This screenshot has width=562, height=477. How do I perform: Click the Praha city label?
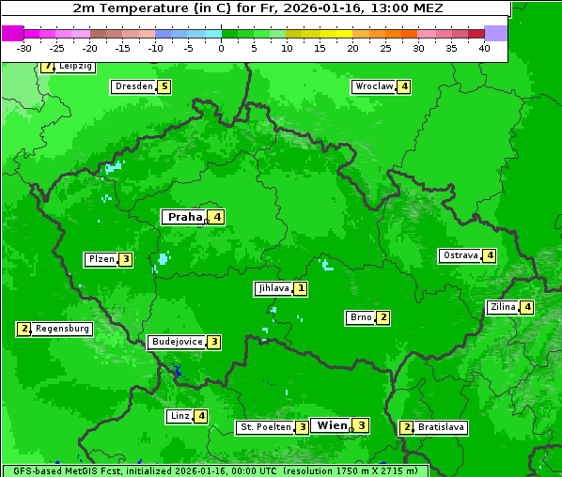pyautogui.click(x=185, y=217)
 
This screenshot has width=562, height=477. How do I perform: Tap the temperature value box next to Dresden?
pyautogui.click(x=164, y=86)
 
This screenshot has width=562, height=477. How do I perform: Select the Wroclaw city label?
pyautogui.click(x=373, y=86)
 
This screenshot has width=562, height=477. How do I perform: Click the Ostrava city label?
pyautogui.click(x=460, y=255)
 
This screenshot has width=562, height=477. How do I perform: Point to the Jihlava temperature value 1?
pyautogui.click(x=300, y=288)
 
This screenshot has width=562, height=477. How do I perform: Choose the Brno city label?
pyautogui.click(x=361, y=317)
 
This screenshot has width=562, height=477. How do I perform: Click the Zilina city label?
pyautogui.click(x=503, y=307)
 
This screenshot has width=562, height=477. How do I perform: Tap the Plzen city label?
pyautogui.click(x=101, y=259)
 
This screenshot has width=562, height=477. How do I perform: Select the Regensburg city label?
pyautogui.click(x=62, y=329)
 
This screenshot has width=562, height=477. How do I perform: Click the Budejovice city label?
pyautogui.click(x=177, y=342)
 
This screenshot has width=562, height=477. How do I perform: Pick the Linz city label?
pyautogui.click(x=180, y=416)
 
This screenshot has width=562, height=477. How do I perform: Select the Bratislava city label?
pyautogui.click(x=441, y=427)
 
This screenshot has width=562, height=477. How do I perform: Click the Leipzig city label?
pyautogui.click(x=74, y=67)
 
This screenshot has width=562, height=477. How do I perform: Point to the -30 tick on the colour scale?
pyautogui.click(x=24, y=48)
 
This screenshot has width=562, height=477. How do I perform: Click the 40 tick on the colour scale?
pyautogui.click(x=484, y=48)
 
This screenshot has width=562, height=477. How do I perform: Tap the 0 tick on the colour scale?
pyautogui.click(x=222, y=48)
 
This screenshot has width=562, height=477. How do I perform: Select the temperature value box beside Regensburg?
pyautogui.click(x=24, y=329)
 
